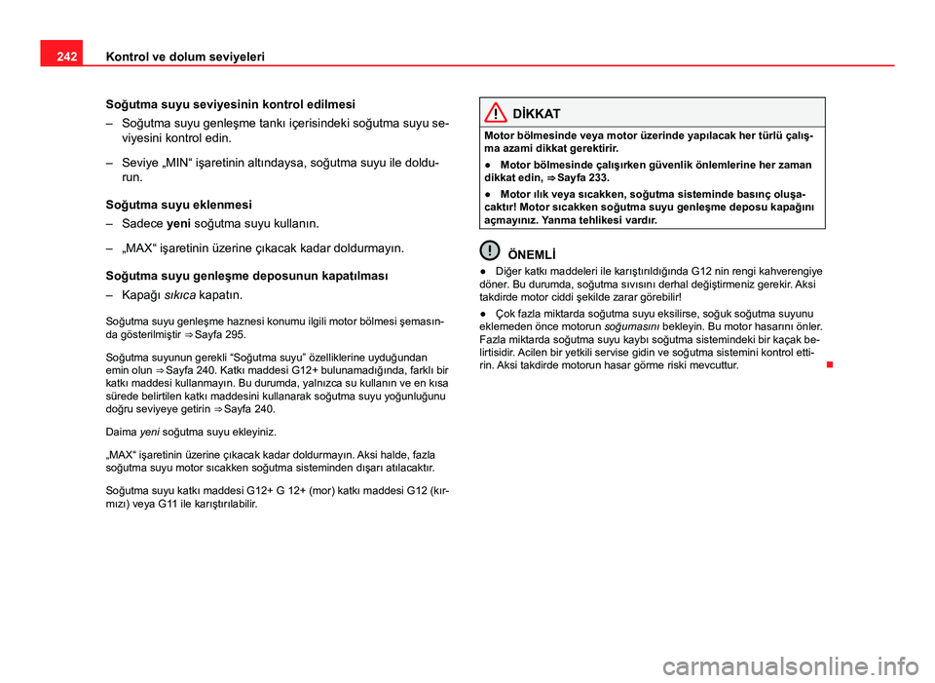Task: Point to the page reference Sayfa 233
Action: [584, 178]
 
